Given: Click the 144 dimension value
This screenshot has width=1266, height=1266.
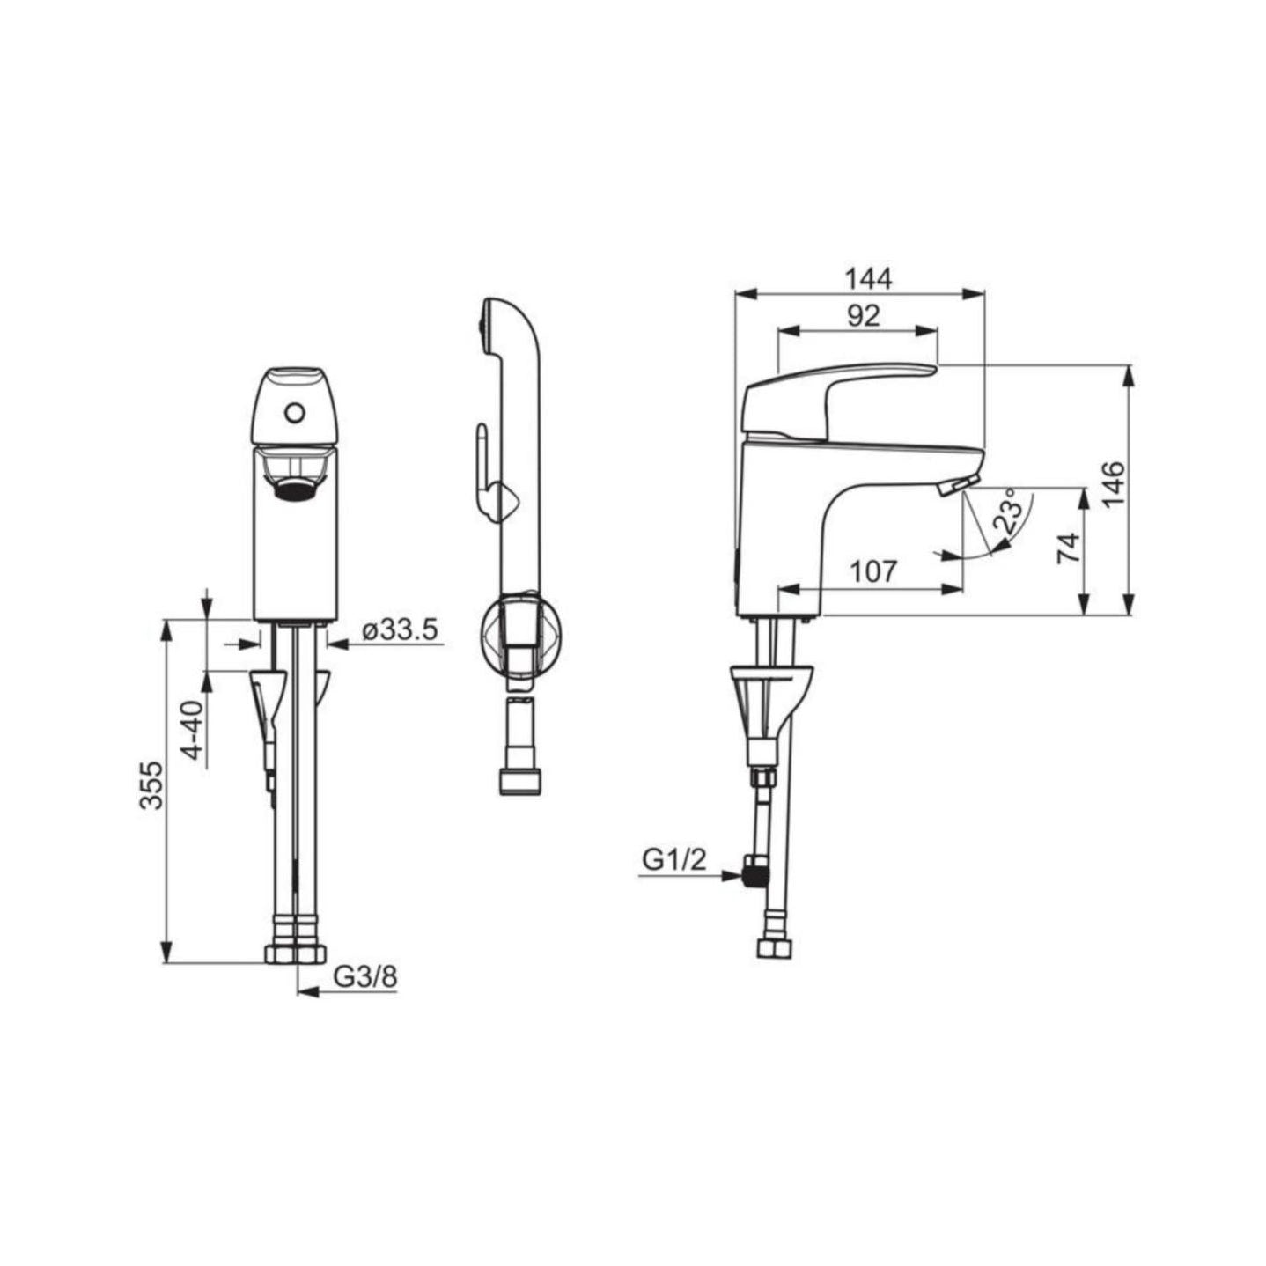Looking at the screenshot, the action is pyautogui.click(x=868, y=279).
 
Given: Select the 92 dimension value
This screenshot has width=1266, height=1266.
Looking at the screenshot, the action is pyautogui.click(x=864, y=316).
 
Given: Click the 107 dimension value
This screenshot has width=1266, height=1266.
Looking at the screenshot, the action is pyautogui.click(x=873, y=571).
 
